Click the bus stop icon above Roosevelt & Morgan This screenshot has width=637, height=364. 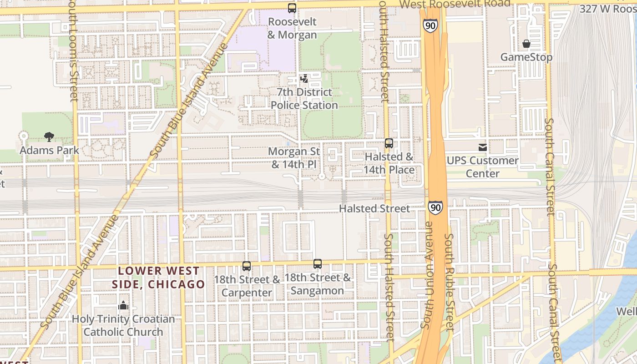pos(292,8)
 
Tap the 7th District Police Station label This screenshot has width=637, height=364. pos(304,99)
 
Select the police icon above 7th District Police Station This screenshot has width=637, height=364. pos(304,79)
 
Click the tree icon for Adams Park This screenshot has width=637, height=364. pos(49,136)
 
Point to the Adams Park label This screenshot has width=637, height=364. pos(50,150)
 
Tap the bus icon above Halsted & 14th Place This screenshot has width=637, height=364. pos(389,143)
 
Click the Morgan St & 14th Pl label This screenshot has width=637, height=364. pos(294,157)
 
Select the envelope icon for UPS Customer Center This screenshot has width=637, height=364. pos(482,147)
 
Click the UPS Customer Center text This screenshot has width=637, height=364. pos(482,167)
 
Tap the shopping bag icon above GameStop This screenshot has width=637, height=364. pos(526,44)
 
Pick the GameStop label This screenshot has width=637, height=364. pos(526,57)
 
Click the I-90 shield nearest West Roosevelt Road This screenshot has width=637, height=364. pos(430,25)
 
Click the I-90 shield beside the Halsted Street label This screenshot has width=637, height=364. pos(435,207)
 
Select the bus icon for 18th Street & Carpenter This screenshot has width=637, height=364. pos(247,266)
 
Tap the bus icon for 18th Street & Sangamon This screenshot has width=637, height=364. pos(318,263)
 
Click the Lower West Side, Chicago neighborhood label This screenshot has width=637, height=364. pos(158,278)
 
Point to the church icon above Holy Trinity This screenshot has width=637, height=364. pos(123,305)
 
